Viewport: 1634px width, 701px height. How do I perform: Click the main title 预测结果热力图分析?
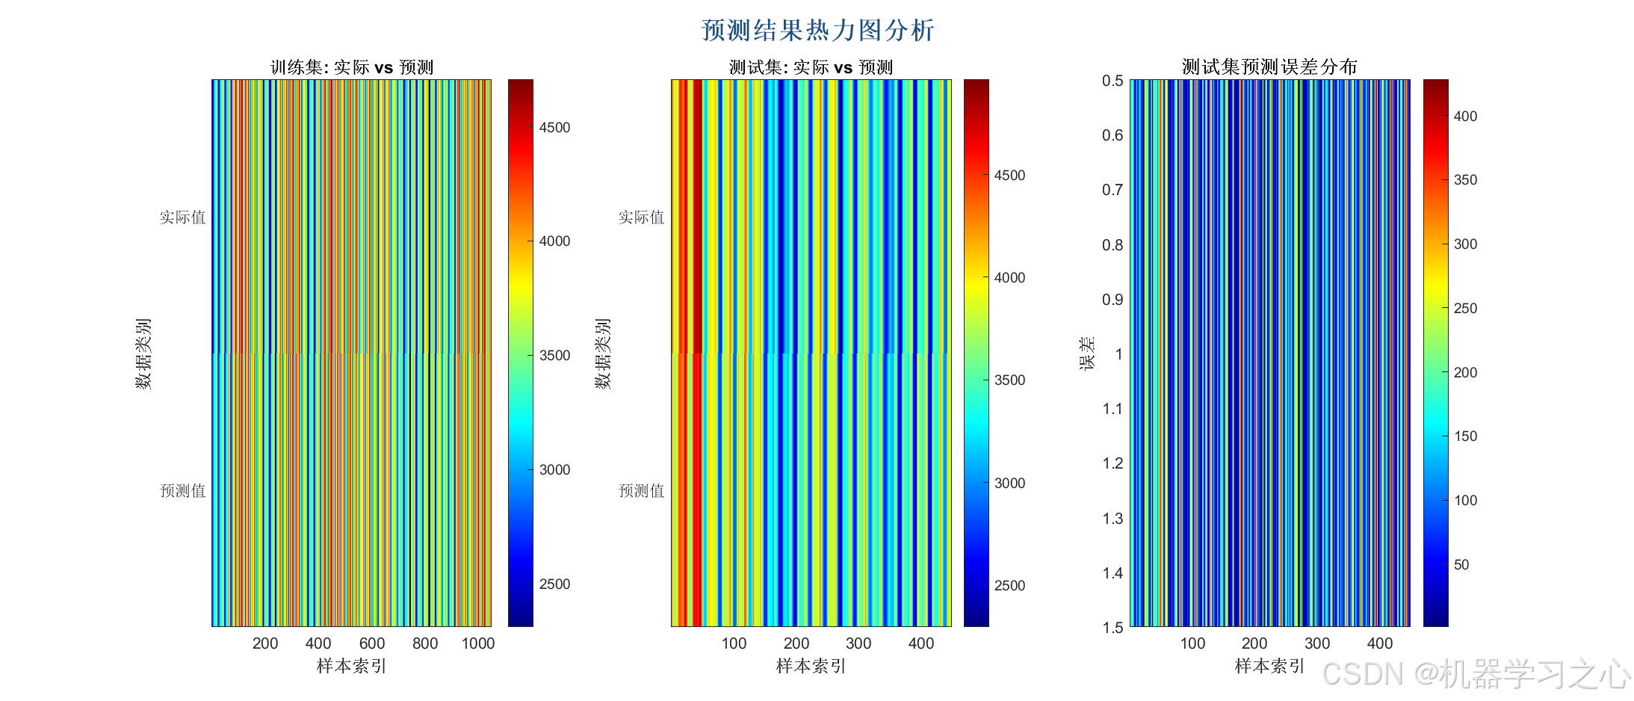click(817, 31)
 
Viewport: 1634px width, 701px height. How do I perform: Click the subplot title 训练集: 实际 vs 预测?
click(351, 67)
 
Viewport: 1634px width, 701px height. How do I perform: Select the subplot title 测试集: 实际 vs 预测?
click(811, 67)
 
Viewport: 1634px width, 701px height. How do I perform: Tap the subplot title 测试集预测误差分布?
click(1269, 67)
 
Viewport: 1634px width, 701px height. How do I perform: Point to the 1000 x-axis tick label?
click(478, 643)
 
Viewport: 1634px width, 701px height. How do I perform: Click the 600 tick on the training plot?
click(372, 643)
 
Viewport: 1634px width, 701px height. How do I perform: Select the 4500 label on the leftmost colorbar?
click(554, 128)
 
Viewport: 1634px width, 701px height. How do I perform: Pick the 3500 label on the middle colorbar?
click(1009, 380)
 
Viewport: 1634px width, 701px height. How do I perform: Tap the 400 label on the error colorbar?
click(1465, 117)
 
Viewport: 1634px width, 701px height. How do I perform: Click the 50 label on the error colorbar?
click(1461, 565)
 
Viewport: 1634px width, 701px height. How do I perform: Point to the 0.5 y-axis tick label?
click(1112, 81)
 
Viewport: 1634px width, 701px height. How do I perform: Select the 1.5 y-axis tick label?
click(1112, 628)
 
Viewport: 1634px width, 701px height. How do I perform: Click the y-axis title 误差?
click(1087, 353)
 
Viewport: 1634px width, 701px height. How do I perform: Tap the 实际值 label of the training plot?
click(182, 217)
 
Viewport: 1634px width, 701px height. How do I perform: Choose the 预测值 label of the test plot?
click(641, 491)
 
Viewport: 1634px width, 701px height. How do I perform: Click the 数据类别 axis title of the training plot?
click(143, 353)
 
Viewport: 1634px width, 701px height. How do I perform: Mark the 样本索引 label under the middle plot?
click(811, 666)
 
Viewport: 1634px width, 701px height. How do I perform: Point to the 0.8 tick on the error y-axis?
click(1112, 245)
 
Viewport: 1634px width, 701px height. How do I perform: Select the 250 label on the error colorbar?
click(1465, 309)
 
